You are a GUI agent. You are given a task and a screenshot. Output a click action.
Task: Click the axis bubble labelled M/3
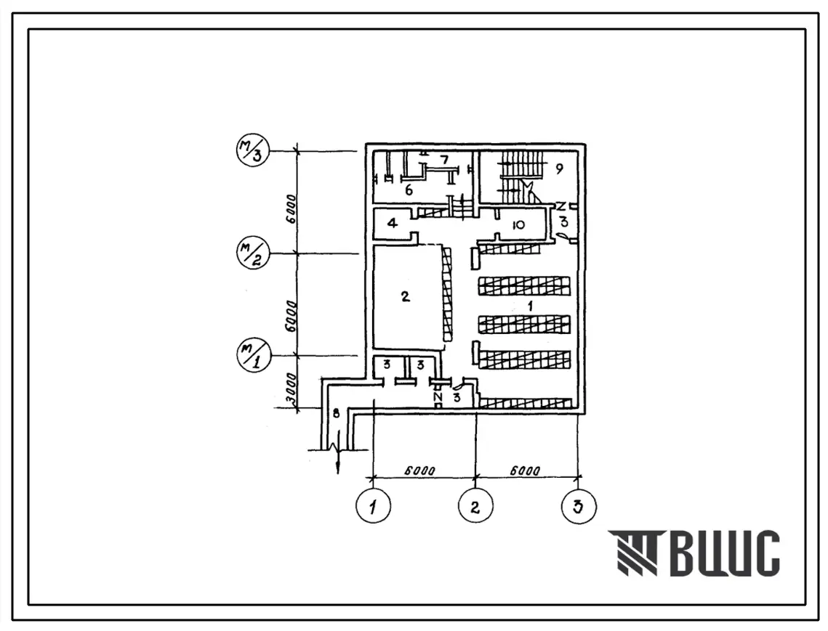tap(253, 151)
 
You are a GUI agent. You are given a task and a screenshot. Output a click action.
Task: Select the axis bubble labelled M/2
tap(253, 253)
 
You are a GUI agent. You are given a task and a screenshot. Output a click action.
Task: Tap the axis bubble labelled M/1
tap(254, 354)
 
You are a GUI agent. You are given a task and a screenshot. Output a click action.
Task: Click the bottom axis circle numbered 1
tap(374, 506)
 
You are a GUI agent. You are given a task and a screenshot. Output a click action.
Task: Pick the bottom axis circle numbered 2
tap(475, 506)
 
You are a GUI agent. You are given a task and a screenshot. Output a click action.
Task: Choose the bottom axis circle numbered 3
tap(579, 506)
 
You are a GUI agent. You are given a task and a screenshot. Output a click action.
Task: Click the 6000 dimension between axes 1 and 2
tap(420, 471)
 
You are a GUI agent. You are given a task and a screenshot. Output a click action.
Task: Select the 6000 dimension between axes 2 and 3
tap(524, 471)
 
